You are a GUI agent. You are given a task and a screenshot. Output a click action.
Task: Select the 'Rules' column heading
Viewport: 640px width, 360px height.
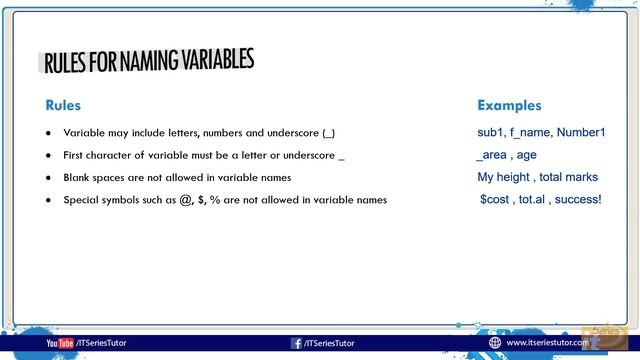(x=63, y=106)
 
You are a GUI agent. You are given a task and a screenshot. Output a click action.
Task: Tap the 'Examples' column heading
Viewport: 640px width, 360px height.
(x=509, y=106)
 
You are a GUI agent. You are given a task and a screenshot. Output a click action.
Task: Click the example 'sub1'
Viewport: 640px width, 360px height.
(x=490, y=132)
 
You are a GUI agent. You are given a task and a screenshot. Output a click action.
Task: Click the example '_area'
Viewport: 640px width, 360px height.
(x=491, y=155)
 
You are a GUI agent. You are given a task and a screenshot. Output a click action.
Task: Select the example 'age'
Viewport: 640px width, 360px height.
(x=527, y=155)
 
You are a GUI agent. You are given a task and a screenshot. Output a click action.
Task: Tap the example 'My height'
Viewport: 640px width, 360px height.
(x=504, y=177)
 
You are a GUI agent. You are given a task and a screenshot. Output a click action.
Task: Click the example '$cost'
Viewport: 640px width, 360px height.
(x=496, y=200)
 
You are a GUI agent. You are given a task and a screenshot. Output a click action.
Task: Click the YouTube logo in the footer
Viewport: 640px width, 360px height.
(x=60, y=343)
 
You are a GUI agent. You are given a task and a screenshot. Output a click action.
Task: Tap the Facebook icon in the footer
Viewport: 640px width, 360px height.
(x=297, y=343)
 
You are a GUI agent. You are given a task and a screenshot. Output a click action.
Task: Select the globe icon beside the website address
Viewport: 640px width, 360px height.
(x=494, y=342)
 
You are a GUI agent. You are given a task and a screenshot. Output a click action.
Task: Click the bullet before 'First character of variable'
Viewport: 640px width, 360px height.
(x=48, y=156)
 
